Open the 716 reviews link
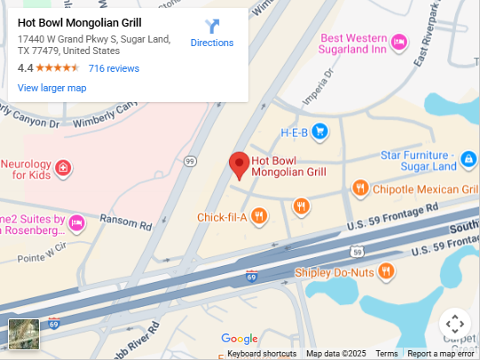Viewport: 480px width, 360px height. [114, 68]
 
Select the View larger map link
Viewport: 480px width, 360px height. [52, 88]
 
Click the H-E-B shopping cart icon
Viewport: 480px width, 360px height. [319, 133]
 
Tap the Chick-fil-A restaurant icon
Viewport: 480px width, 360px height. [259, 215]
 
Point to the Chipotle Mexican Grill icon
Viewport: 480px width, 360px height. [360, 188]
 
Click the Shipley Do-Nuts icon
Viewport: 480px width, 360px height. [386, 270]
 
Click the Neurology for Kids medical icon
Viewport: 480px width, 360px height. [63, 168]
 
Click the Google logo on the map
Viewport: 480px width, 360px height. [239, 339]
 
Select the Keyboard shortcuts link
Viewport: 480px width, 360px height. [262, 354]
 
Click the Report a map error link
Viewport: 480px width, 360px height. [441, 354]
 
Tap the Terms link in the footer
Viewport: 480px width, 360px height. [386, 354]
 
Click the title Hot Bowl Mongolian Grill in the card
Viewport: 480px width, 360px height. [79, 22]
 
